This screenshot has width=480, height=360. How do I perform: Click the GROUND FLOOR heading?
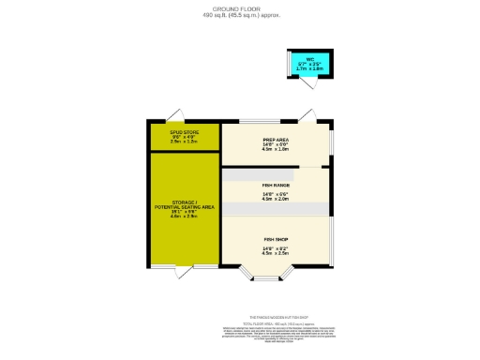pyautogui.click(x=240, y=9)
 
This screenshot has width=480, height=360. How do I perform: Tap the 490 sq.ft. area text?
pyautogui.click(x=240, y=15)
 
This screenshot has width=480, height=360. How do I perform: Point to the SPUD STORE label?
pyautogui.click(x=185, y=132)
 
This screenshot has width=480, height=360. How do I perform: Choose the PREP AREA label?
pyautogui.click(x=276, y=140)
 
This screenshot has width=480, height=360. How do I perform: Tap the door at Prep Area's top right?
pyautogui.click(x=308, y=116)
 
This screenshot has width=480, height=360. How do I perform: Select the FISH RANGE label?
pyautogui.click(x=276, y=186)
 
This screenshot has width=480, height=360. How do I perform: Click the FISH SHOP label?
pyautogui.click(x=276, y=241)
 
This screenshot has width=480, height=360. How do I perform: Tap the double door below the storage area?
pyautogui.click(x=185, y=271)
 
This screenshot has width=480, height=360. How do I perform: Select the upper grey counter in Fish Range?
pyautogui.click(x=259, y=174)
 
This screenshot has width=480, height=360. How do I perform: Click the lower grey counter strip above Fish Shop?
pyautogui.click(x=276, y=207)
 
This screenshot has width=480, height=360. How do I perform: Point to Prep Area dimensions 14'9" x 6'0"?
pyautogui.click(x=276, y=144)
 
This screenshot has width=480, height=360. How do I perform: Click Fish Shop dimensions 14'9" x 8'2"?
pyautogui.click(x=276, y=247)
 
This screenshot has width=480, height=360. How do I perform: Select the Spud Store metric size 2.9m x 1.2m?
pyautogui.click(x=185, y=142)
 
